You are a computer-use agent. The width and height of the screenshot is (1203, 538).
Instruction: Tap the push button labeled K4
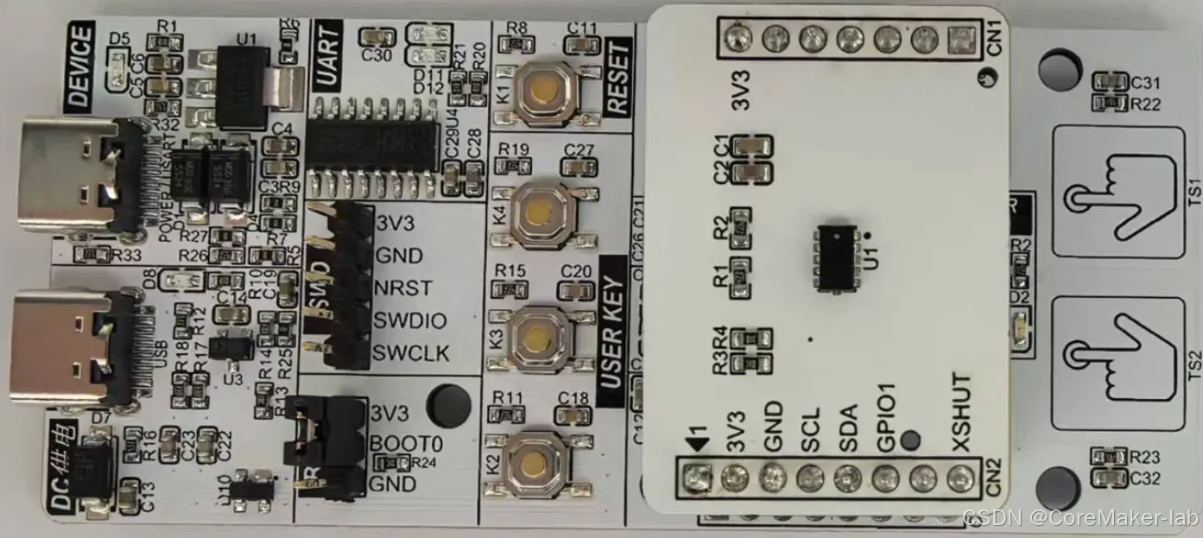[x=541, y=212]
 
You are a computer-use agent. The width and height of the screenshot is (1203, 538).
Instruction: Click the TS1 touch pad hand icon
[x=1118, y=193]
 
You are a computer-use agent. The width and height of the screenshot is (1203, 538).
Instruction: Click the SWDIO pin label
[x=410, y=321]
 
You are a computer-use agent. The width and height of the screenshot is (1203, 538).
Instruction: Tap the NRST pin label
[x=403, y=288]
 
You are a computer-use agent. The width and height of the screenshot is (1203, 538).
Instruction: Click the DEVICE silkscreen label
[x=79, y=66]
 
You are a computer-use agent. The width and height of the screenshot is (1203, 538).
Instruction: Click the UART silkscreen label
[x=327, y=56]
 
